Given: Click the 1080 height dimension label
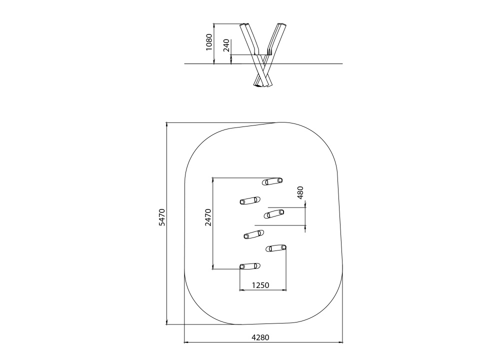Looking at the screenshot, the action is (x=209, y=42).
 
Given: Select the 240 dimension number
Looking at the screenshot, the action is (x=226, y=45).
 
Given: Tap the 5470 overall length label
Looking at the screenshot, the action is (x=162, y=217).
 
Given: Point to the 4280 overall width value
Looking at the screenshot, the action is (x=260, y=337).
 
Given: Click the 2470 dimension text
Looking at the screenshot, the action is (x=208, y=217).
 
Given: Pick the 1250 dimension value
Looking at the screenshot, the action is (x=260, y=285).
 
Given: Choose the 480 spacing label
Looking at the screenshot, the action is (x=300, y=192).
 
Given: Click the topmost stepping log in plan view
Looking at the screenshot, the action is (x=272, y=181).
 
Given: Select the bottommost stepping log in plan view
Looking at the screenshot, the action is (x=250, y=266).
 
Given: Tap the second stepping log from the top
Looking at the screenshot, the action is (x=250, y=200).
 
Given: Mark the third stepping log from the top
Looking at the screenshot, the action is (x=274, y=213).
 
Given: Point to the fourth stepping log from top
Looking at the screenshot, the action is (x=254, y=234).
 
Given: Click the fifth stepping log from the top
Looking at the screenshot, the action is (x=276, y=248).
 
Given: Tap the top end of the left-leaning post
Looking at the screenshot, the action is (x=244, y=24).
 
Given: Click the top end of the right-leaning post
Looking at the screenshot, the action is (x=282, y=24).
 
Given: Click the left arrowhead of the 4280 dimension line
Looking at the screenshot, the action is (x=185, y=342).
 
